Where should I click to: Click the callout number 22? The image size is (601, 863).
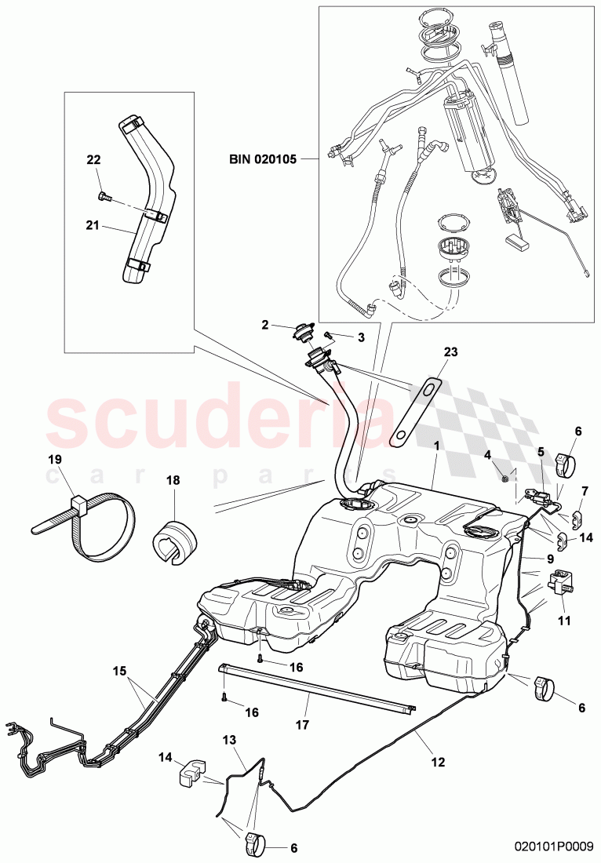(x=93, y=159)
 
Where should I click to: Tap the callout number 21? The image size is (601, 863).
(x=93, y=224)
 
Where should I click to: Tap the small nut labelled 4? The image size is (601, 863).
(x=507, y=475)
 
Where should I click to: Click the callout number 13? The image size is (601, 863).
(x=229, y=740)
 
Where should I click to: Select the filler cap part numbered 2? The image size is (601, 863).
(x=302, y=330)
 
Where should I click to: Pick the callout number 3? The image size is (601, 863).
(x=361, y=337)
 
